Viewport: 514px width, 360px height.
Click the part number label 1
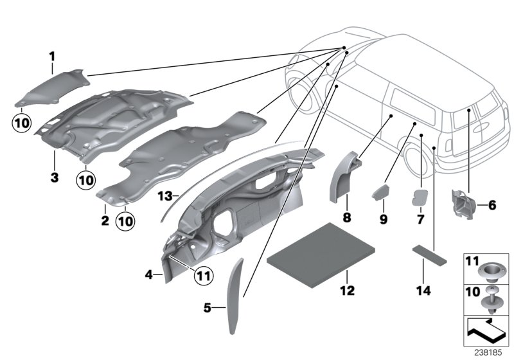(52, 57)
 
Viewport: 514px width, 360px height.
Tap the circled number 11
(204, 276)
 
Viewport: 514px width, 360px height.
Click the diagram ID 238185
(490, 353)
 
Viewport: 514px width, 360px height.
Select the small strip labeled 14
(425, 253)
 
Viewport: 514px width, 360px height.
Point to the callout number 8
(346, 218)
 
